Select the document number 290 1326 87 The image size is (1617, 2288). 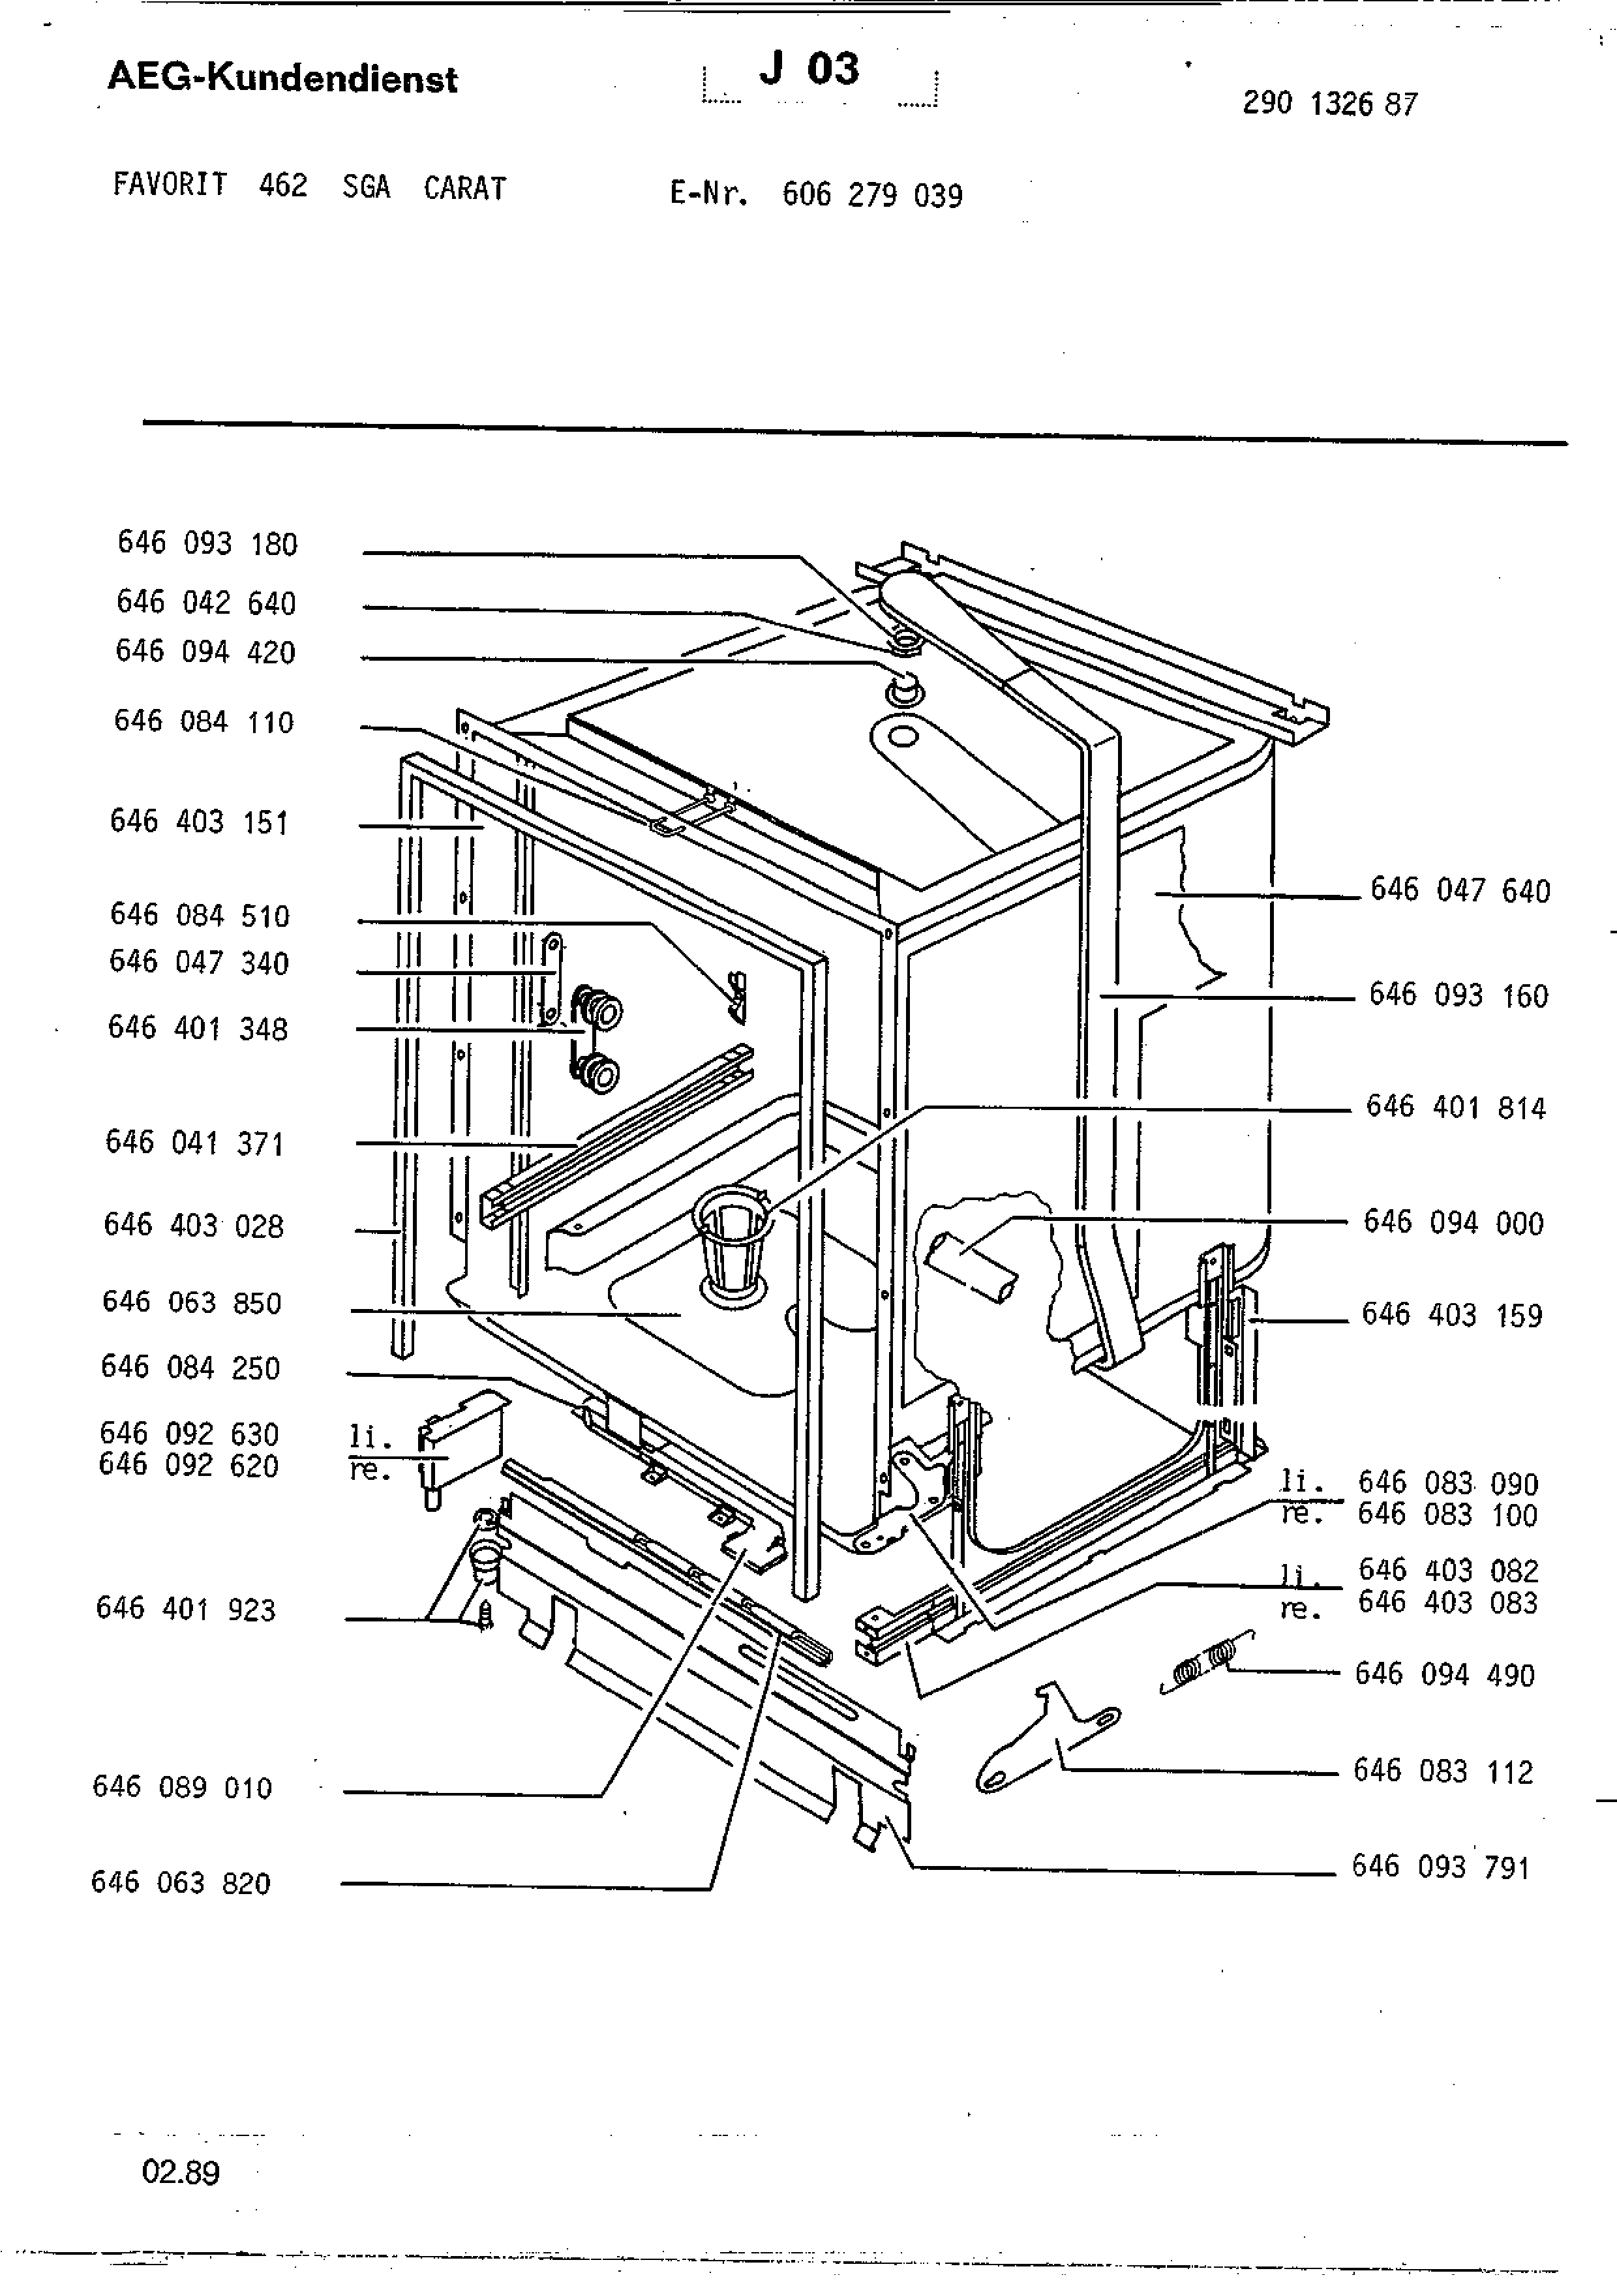[1329, 104]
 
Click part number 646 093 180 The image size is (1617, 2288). [207, 543]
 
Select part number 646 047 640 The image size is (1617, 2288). [1460, 890]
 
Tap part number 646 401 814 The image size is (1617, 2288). [1456, 1107]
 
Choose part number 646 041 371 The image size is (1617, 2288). [195, 1143]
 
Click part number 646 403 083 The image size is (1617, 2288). [1447, 1603]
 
